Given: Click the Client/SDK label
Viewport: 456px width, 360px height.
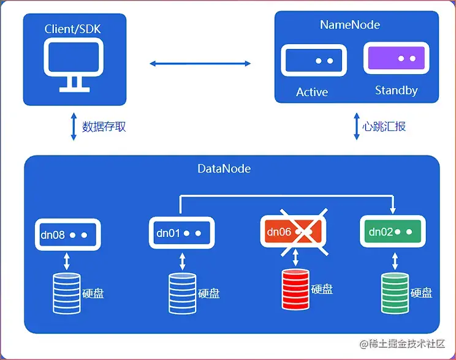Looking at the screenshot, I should [x=74, y=29].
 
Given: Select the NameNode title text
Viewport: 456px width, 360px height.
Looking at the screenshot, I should [x=350, y=25].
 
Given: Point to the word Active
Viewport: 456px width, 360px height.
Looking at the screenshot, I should [x=312, y=92].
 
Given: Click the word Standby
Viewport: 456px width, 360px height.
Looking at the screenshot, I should [x=396, y=91].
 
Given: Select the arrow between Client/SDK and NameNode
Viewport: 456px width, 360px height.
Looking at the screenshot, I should [x=200, y=63].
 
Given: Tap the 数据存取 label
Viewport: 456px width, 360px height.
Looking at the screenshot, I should [x=104, y=127].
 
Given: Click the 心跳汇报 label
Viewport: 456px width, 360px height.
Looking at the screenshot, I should [x=384, y=127].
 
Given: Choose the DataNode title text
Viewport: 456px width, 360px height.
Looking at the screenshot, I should [x=224, y=168].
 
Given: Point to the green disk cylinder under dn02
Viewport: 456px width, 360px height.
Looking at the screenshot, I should [x=394, y=293].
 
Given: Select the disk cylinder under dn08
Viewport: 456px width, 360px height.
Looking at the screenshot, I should [x=66, y=293].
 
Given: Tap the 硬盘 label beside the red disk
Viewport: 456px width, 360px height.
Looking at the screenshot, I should [x=322, y=289].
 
